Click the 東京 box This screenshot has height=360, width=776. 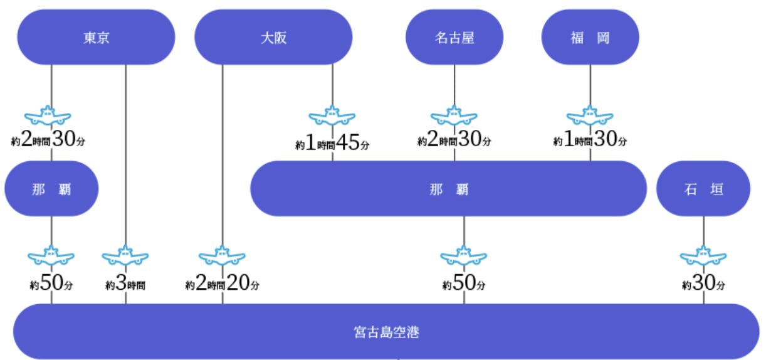point(96,37)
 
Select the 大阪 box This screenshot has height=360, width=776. point(273,37)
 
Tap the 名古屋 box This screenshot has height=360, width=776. point(454,37)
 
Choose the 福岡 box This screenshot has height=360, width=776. point(590,37)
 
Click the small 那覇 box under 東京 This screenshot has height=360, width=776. point(51,189)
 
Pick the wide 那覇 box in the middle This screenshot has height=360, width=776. point(448,189)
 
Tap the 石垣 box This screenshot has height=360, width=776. point(703,189)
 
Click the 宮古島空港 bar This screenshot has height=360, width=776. point(386,332)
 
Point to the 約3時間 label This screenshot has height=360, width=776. point(125,284)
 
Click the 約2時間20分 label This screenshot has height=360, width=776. point(222,284)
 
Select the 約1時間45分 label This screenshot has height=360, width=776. point(332,144)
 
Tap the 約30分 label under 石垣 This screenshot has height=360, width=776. point(703,284)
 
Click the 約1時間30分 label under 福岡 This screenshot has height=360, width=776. point(590,140)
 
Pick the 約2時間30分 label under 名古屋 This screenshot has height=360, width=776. point(454,140)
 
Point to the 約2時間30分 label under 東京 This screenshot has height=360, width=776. point(48,140)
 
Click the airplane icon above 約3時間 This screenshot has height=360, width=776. point(125,256)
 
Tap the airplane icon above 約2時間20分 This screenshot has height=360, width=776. point(222,256)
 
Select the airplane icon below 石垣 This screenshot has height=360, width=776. point(703,256)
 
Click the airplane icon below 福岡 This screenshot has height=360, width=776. point(590,115)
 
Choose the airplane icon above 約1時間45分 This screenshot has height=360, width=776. point(332,117)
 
